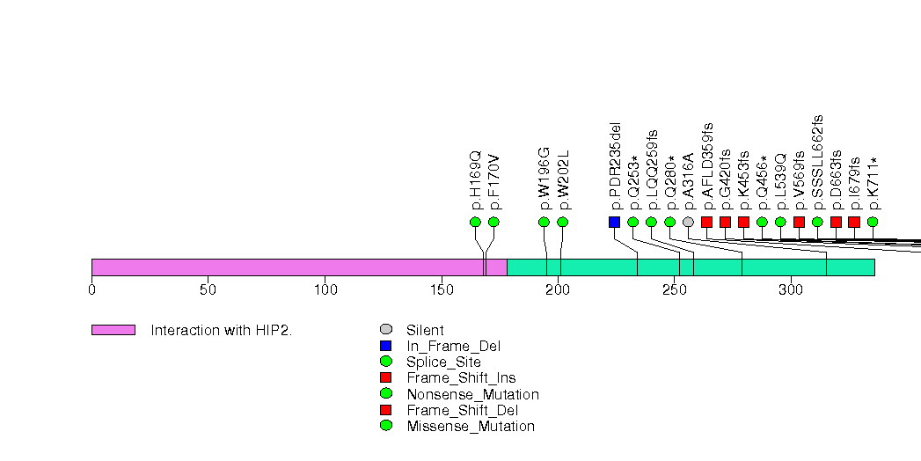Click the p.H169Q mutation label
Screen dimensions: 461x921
pos(476,180)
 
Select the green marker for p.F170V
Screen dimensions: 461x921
pos(493,222)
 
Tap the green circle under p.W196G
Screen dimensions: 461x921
pos(544,222)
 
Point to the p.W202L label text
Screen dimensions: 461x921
pos(563,180)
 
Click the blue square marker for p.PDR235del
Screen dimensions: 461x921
pos(614,222)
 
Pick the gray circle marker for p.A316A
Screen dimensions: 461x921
pos(688,222)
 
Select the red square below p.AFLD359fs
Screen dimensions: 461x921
pos(706,222)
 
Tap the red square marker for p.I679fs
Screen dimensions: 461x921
pos(854,222)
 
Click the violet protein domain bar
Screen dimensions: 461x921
pos(299,267)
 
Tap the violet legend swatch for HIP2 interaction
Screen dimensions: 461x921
pos(113,330)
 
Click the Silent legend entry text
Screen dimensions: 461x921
pos(425,331)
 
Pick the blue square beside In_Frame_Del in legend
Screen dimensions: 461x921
pos(385,346)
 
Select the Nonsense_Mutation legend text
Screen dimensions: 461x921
pos(472,394)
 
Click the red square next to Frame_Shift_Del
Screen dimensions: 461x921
pos(385,410)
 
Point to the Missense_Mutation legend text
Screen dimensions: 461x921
pos(471,426)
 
